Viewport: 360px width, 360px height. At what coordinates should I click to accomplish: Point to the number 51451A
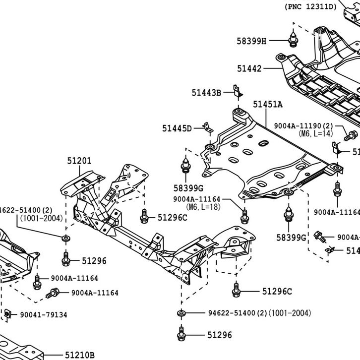pos(268,105)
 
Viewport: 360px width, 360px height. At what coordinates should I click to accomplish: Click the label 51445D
pos(177,128)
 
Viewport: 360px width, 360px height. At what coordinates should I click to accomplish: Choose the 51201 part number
pos(79,160)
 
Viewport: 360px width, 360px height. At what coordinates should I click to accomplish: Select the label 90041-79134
pos(43,314)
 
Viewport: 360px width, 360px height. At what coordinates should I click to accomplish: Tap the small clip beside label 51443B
pos(238,91)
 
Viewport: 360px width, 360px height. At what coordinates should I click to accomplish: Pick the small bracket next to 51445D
pos(207,127)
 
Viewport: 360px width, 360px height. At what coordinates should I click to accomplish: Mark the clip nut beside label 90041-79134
pos(8,314)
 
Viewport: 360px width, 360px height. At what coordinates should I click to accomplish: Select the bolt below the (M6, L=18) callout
pos(244,216)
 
